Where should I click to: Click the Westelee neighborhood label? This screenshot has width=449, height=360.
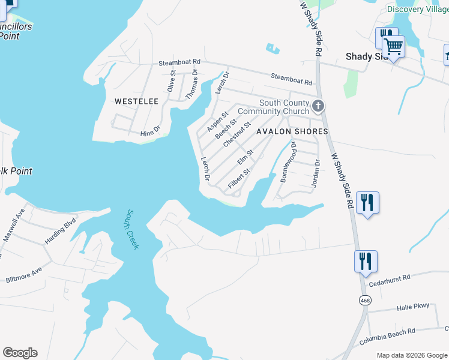coord(136,101)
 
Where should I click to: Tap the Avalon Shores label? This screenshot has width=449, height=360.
coord(292,131)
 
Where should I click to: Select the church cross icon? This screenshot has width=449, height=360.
coord(318,107)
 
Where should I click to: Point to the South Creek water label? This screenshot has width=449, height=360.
coord(132,229)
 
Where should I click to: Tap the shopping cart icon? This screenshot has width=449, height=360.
coord(393,46)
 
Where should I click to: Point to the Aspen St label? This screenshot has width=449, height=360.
coord(217,121)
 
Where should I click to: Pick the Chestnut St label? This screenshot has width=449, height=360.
coord(236,135)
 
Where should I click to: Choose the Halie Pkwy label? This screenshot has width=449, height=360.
coord(413,307)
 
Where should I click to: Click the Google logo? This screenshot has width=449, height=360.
coord(20,353)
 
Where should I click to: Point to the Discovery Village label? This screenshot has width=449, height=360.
coord(417,9)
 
